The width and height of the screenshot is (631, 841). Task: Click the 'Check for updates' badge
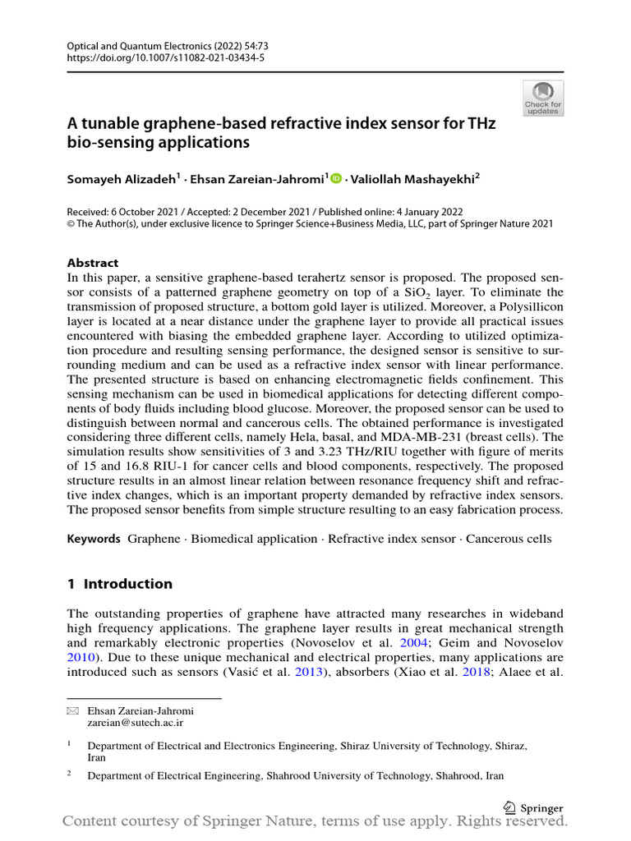click(x=543, y=99)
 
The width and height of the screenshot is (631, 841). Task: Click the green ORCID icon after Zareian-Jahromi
click(x=336, y=178)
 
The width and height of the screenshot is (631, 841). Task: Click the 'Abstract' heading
click(x=93, y=263)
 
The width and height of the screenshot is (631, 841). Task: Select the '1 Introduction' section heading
click(x=120, y=584)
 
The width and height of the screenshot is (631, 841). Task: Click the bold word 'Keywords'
click(x=94, y=539)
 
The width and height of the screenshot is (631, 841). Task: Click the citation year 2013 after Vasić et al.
click(x=310, y=673)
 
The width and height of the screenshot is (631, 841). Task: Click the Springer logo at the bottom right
click(x=534, y=807)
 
